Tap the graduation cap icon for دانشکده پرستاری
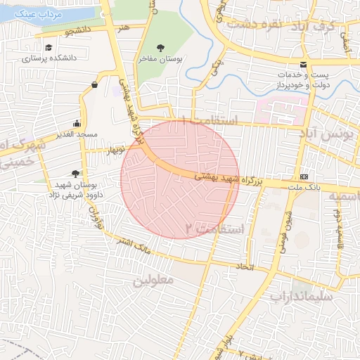[49, 48]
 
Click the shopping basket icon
[94, 85]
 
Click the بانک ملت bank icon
[304, 176]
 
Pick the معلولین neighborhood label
[153, 280]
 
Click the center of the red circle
[180, 179]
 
